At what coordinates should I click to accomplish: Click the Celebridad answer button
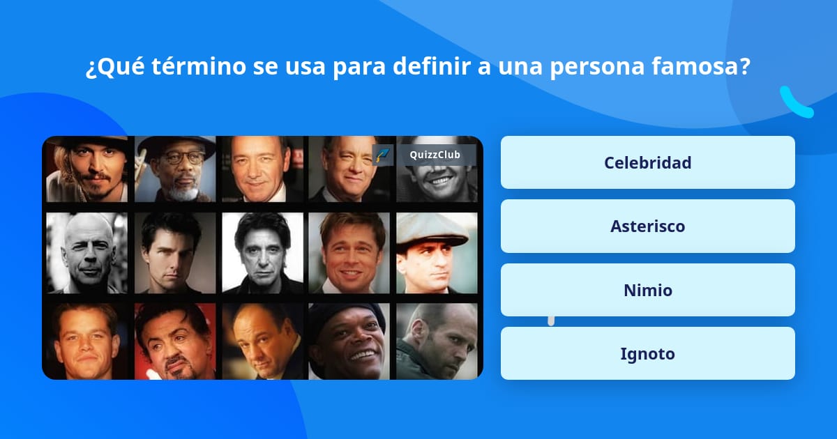click(x=647, y=162)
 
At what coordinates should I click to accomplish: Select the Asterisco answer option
click(x=647, y=226)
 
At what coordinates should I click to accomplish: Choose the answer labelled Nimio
click(x=647, y=290)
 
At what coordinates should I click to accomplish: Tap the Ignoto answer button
click(x=647, y=353)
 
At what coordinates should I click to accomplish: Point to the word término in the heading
click(x=199, y=66)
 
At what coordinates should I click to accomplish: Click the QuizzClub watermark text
click(x=435, y=155)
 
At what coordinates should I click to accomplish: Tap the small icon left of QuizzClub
click(x=383, y=155)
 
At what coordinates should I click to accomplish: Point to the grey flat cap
click(x=432, y=229)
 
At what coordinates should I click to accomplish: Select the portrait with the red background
click(x=175, y=341)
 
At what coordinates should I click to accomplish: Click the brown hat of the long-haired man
click(x=86, y=142)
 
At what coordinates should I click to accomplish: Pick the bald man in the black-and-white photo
click(x=86, y=253)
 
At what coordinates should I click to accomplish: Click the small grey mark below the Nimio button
click(x=551, y=321)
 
